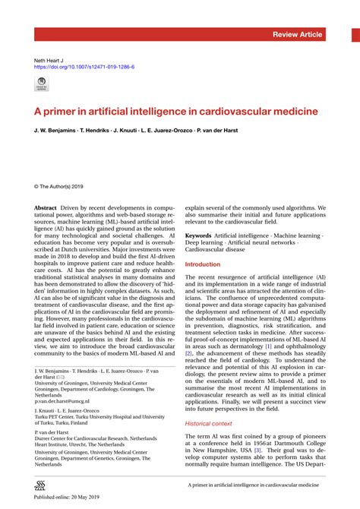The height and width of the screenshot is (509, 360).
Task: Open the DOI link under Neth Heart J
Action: tap(84, 67)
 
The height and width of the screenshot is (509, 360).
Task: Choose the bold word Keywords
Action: tap(199, 237)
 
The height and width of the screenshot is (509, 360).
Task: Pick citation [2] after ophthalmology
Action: tap(189, 353)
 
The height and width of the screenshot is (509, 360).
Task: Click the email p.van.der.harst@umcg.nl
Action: tap(62, 400)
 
